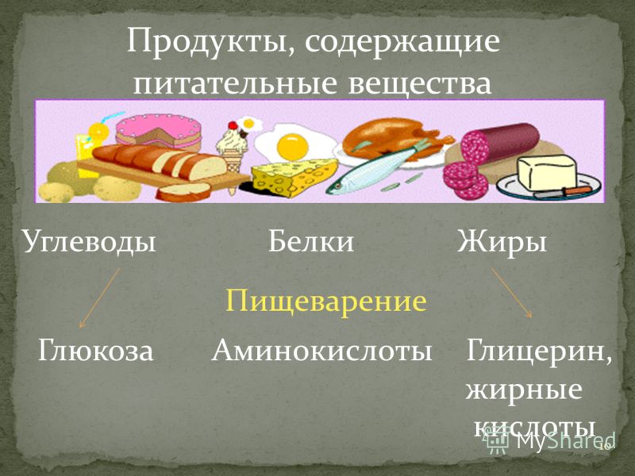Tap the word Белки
coord(311,242)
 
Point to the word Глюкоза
coord(96,351)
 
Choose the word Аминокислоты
coord(321,351)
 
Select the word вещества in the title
coord(420,84)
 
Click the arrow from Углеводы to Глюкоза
coord(100,297)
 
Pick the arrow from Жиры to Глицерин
coord(511,292)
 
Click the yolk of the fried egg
coord(292,147)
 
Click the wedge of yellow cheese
coord(294,177)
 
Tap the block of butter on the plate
coord(548,173)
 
